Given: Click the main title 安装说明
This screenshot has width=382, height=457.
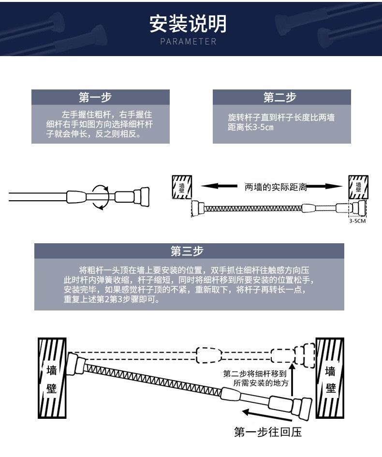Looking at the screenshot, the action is click(x=188, y=24).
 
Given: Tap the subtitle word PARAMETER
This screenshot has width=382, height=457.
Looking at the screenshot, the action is click(x=188, y=42).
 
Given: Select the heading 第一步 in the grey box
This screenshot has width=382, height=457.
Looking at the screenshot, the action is click(x=95, y=97).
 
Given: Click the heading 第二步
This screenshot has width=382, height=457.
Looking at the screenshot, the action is click(x=279, y=97).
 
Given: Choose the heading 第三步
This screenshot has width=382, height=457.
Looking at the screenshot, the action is click(x=187, y=251).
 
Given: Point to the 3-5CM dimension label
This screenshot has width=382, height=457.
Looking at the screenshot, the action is click(x=357, y=221).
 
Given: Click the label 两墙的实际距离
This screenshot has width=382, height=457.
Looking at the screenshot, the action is click(x=276, y=187).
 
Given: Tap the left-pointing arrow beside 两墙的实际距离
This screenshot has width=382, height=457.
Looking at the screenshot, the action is click(x=219, y=186).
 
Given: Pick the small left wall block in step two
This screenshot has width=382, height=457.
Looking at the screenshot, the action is click(x=182, y=187).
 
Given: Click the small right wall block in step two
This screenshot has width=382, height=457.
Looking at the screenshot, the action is click(x=358, y=187).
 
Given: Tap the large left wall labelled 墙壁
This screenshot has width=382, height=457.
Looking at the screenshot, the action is click(x=52, y=378).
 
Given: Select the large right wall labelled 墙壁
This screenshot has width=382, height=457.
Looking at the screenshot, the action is click(x=330, y=378).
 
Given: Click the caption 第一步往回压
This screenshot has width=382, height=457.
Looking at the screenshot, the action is click(x=268, y=432).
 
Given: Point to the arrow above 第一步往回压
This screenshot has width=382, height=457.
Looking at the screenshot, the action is click(x=266, y=415).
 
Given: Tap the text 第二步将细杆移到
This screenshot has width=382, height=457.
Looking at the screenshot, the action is click(x=255, y=374).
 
